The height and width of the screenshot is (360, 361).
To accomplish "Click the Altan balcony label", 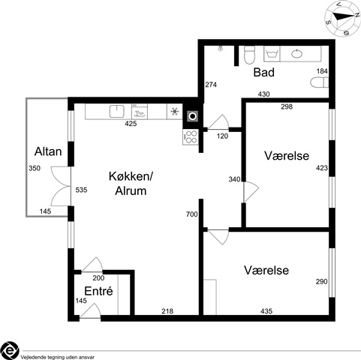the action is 48,151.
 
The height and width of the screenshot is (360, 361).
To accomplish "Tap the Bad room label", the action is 264,72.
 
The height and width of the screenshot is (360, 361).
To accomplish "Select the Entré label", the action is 98,291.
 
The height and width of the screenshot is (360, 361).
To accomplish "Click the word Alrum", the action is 131,190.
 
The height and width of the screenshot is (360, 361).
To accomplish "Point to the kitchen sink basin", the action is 117,111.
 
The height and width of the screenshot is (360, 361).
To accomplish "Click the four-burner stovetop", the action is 191,136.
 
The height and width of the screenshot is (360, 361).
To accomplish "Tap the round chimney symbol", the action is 193,116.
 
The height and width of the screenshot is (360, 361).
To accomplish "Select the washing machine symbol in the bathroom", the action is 272,53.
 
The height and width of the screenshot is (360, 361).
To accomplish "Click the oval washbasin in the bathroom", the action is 296,53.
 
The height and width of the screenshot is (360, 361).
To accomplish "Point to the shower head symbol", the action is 221,48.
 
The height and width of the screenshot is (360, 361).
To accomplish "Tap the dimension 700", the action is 192,214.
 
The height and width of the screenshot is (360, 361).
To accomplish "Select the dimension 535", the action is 81,190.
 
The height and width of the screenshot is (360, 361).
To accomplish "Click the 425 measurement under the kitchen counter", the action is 131,124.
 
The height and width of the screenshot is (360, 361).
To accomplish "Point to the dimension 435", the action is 266,311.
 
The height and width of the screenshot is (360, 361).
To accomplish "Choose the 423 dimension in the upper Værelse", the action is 322,168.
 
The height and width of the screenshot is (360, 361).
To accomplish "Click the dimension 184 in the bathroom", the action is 322,71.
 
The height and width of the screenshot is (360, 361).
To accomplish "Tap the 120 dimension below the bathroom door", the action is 222,136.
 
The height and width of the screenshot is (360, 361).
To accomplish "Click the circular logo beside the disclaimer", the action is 9,350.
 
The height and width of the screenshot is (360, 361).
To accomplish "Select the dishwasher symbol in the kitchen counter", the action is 140,112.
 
